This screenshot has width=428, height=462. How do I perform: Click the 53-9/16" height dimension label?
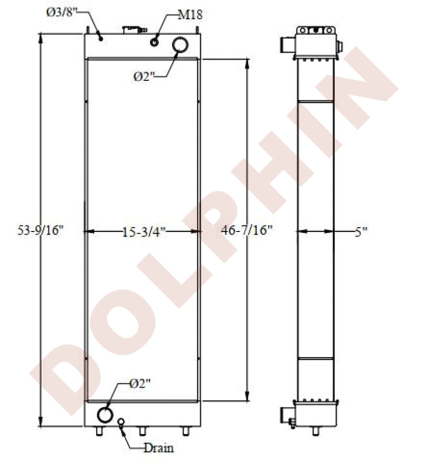click(40, 231)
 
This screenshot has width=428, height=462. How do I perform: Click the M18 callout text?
click(190, 15)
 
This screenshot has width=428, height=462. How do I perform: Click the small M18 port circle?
click(154, 43)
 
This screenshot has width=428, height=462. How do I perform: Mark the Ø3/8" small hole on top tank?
click(101, 39)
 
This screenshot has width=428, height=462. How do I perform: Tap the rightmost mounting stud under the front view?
click(186, 431)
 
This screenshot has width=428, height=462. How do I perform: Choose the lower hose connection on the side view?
click(285, 414)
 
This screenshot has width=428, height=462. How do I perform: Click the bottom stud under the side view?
click(316, 431)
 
